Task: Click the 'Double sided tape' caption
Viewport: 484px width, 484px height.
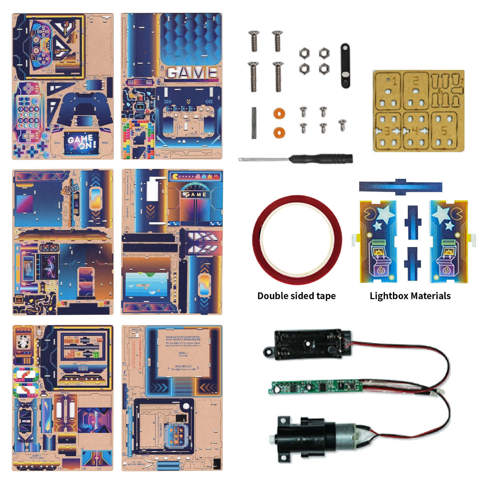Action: pyautogui.click(x=296, y=296)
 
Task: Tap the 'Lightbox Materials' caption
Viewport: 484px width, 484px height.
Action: pyautogui.click(x=410, y=296)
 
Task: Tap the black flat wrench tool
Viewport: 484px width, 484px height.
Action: pyautogui.click(x=345, y=66)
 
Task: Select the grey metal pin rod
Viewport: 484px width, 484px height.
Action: pyautogui.click(x=254, y=123)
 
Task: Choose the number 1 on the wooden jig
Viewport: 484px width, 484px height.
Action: pyautogui.click(x=394, y=81)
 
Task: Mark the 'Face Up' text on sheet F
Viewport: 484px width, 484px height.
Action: pyautogui.click(x=183, y=355)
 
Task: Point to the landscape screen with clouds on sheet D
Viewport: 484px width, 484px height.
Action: pyautogui.click(x=146, y=284)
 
